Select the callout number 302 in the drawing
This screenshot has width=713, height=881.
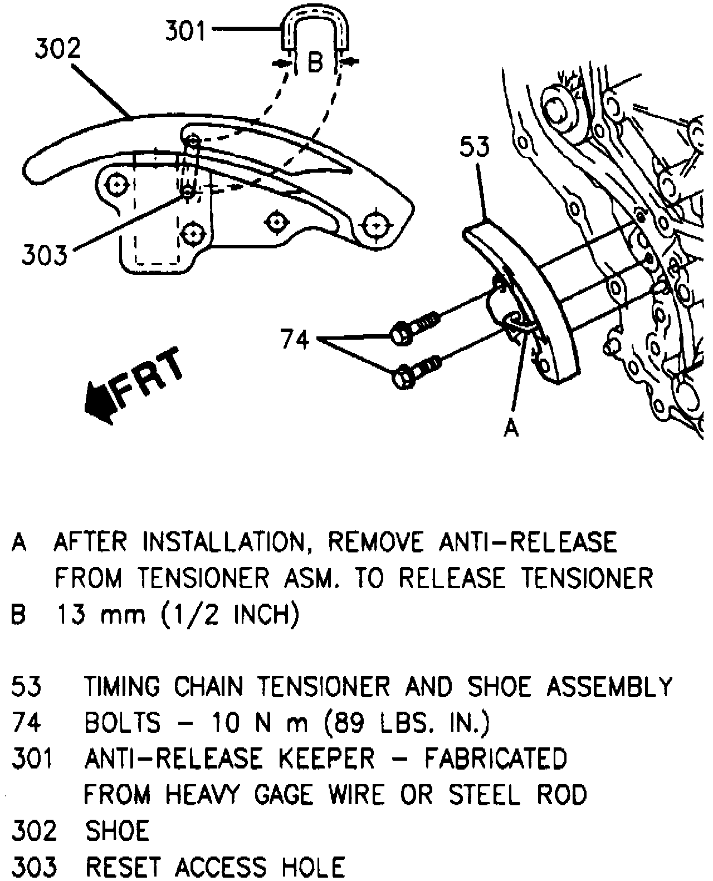[58, 50]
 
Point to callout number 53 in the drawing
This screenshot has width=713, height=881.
[475, 147]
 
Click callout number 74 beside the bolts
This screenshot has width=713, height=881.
[295, 338]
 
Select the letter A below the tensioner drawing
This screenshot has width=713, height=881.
[511, 428]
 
